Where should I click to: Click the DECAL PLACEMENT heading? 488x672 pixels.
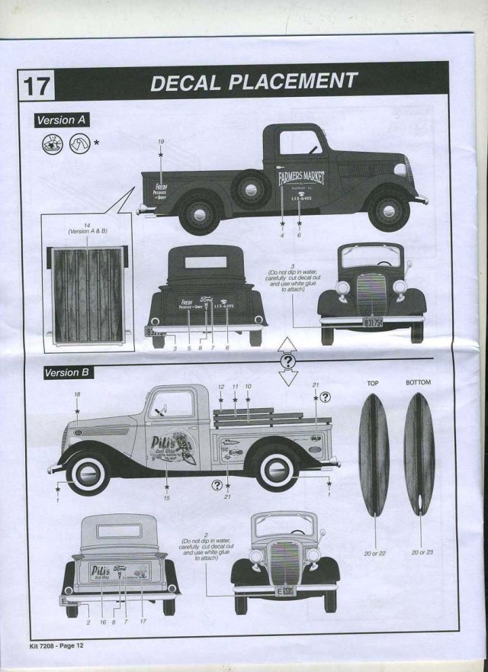click(x=254, y=82)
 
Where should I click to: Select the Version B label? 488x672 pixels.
click(x=64, y=373)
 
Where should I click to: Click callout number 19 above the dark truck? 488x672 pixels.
click(x=161, y=143)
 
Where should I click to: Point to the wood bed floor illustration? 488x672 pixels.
click(x=87, y=291)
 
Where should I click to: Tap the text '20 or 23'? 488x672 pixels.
click(x=420, y=551)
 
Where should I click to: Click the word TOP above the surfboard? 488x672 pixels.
click(x=373, y=383)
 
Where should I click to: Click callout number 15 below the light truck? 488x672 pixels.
click(x=167, y=498)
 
